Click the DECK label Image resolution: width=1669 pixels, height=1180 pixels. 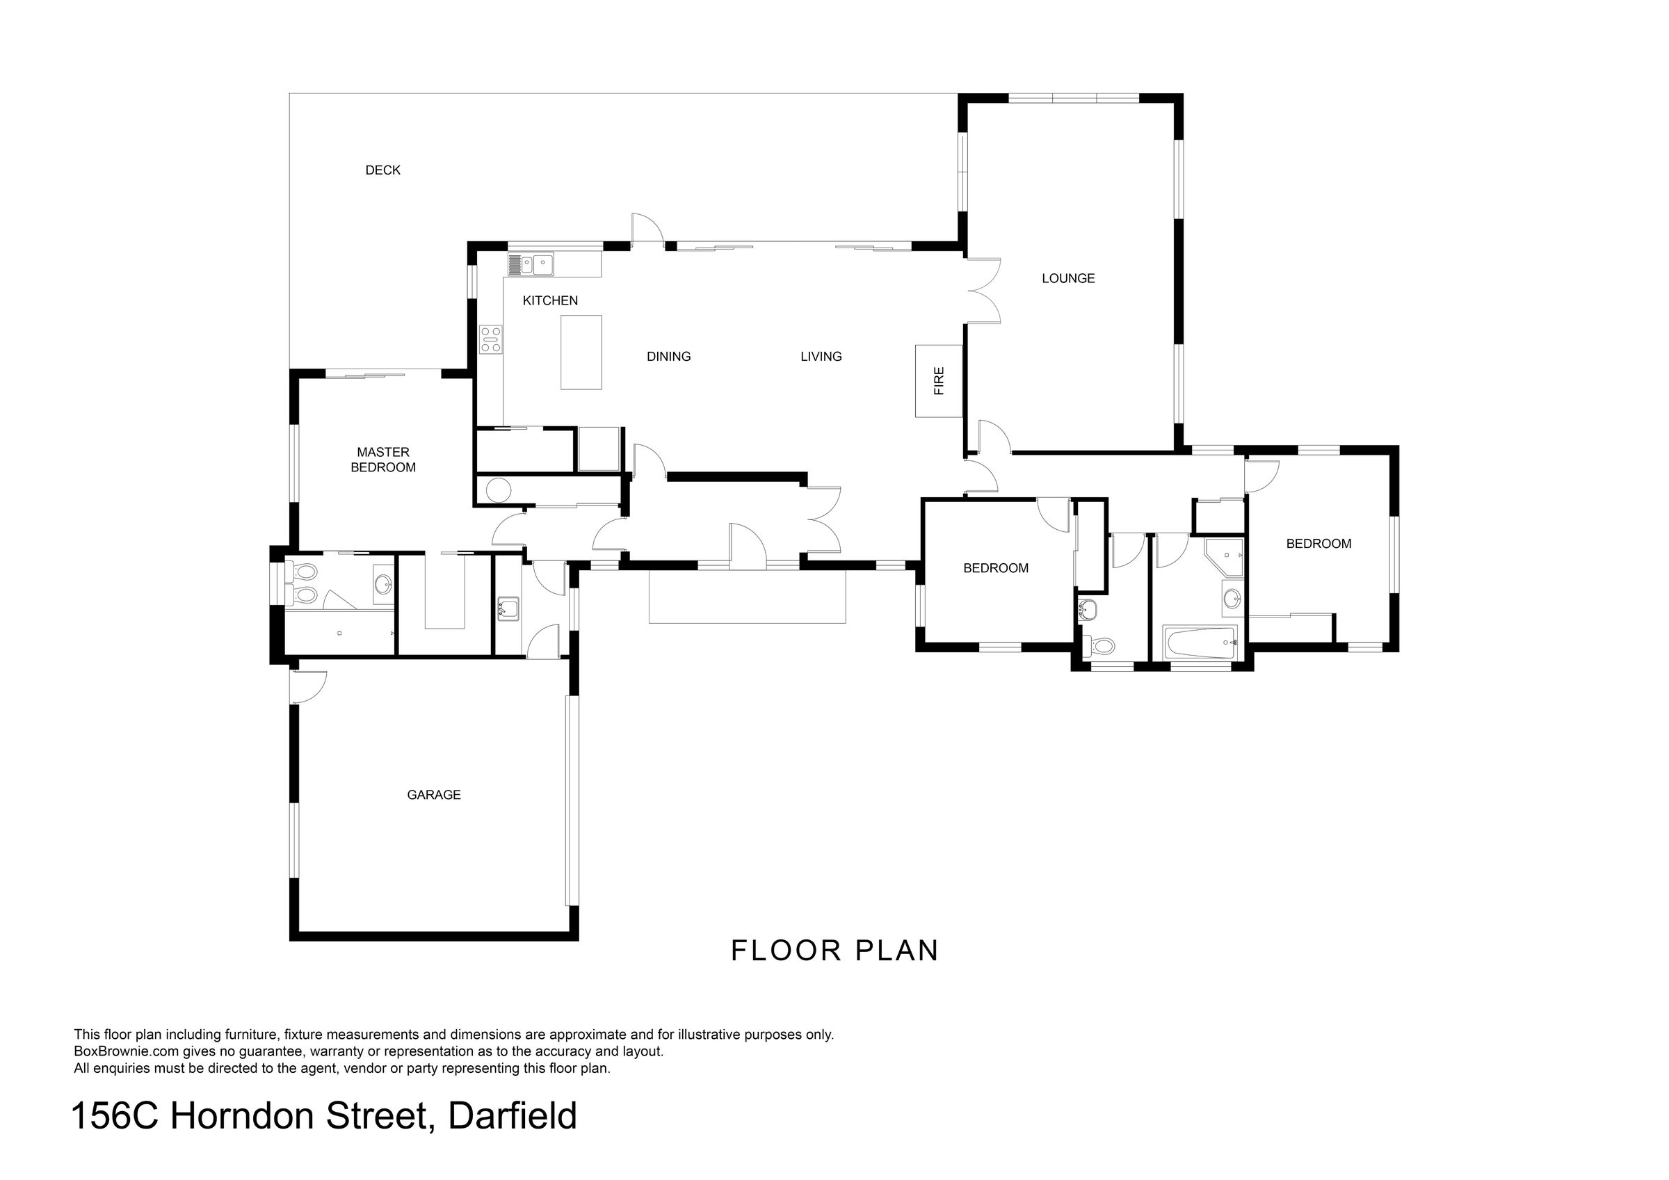click(x=382, y=170)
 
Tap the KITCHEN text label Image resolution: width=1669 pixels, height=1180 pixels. click(x=550, y=300)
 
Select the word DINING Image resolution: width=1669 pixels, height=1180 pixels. click(x=669, y=356)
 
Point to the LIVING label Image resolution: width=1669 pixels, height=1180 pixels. click(x=821, y=356)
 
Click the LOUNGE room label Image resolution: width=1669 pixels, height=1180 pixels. click(x=1068, y=277)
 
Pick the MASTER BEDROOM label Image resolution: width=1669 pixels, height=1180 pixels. click(x=383, y=460)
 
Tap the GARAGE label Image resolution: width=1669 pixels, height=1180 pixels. click(x=434, y=795)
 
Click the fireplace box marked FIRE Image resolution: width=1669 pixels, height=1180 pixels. click(x=938, y=381)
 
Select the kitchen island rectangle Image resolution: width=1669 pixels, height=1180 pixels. click(x=581, y=352)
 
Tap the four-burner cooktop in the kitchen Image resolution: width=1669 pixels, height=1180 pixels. click(x=491, y=339)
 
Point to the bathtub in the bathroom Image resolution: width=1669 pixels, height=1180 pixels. click(x=1200, y=643)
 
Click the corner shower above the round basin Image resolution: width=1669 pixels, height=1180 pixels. click(x=1225, y=558)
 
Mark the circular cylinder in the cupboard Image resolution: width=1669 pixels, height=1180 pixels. click(x=499, y=492)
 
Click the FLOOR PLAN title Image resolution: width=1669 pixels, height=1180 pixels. click(x=834, y=951)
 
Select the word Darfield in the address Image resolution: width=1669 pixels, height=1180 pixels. click(x=513, y=1116)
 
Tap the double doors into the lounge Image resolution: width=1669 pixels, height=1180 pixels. click(x=983, y=291)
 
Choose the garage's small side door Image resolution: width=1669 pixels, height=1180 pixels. click(x=308, y=687)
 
